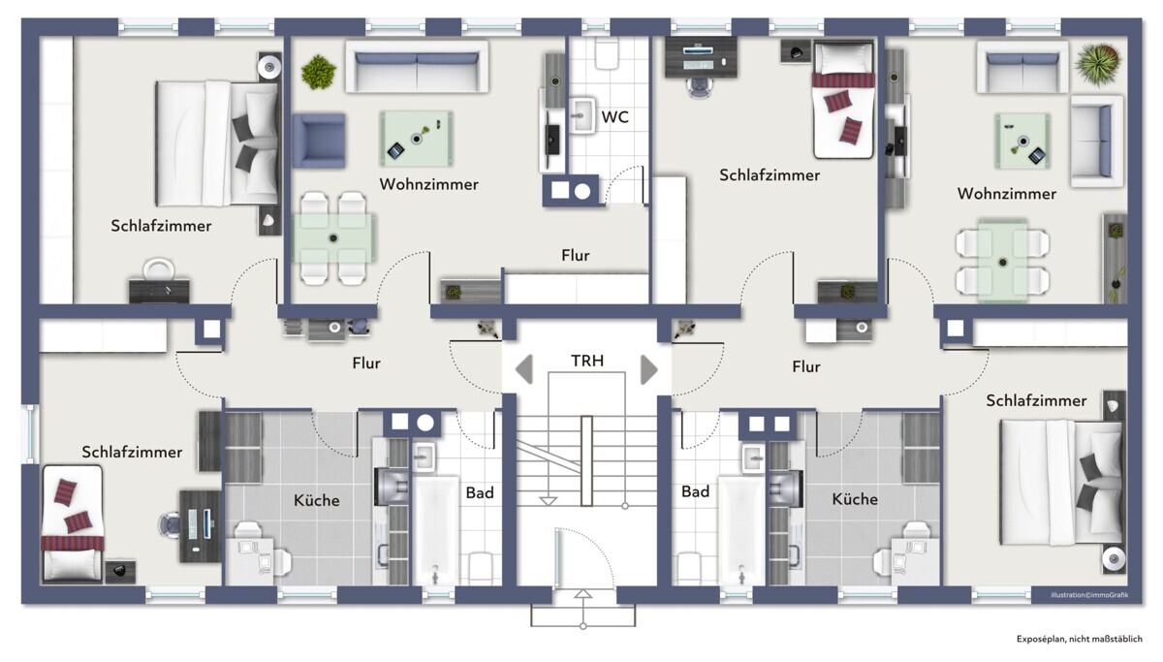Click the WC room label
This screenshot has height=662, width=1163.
coord(614,117)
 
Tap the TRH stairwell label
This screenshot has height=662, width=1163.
coord(587,361)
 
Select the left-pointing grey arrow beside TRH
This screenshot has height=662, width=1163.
coord(524,369)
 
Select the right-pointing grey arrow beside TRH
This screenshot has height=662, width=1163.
coord(649,369)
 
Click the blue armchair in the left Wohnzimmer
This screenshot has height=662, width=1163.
coord(319,141)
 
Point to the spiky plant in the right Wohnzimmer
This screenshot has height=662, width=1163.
coord(1099,65)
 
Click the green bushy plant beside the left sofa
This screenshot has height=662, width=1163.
coord(318,72)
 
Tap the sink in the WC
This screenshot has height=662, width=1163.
coord(582,114)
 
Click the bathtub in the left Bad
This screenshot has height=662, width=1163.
coord(435,531)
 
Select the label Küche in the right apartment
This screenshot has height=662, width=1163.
coord(855,499)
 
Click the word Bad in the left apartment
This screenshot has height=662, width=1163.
coord(479,492)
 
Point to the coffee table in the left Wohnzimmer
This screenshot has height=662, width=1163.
coord(417,139)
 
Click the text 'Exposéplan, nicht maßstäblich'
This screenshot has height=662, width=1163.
coord(1080,639)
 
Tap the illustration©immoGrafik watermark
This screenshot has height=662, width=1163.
coord(1089,595)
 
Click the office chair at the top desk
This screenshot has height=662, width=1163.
coord(700,87)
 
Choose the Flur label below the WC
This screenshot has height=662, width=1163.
coord(576,255)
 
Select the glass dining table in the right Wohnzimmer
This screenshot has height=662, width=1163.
coord(1002,261)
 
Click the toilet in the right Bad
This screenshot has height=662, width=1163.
coord(689,569)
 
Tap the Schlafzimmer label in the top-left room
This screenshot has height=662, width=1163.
coord(161,226)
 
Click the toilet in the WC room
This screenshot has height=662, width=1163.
coord(607,53)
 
